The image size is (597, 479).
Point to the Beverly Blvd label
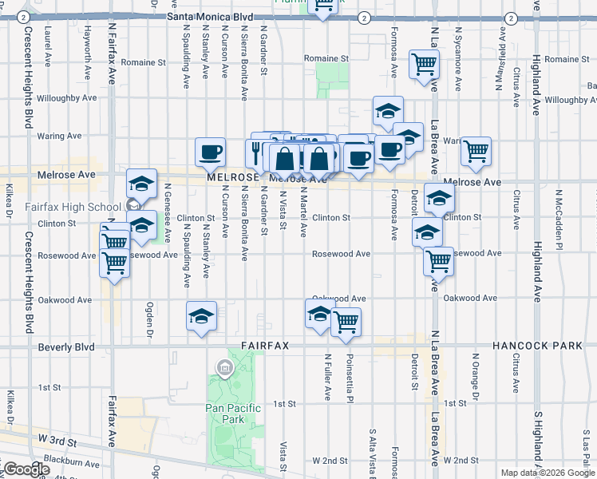click(66, 347)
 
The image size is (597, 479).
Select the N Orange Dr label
click(475, 376)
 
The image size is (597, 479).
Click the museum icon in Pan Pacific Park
click(224, 368)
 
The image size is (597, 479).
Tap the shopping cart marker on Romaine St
click(423, 64)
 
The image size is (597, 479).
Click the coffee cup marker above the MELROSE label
click(211, 150)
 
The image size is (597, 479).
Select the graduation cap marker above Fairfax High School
click(141, 185)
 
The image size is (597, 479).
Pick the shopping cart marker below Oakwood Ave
click(346, 321)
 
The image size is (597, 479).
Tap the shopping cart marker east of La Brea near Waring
click(476, 150)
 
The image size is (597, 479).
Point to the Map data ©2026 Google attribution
click(547, 473)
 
